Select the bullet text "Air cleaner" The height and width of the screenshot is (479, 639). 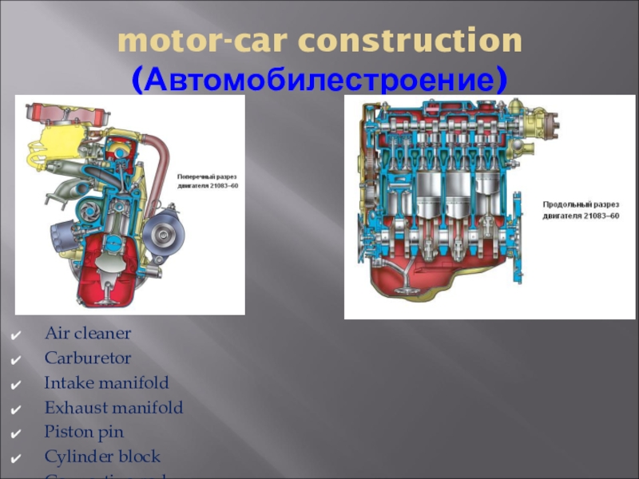[88, 333]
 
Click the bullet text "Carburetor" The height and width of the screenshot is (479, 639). [88, 358]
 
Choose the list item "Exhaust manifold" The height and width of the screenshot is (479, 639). [113, 408]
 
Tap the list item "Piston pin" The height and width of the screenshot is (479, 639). [84, 433]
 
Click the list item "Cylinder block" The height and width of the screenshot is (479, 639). [102, 457]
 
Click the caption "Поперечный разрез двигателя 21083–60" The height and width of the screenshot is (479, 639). [207, 180]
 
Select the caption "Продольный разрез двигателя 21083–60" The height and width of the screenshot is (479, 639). [580, 210]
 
